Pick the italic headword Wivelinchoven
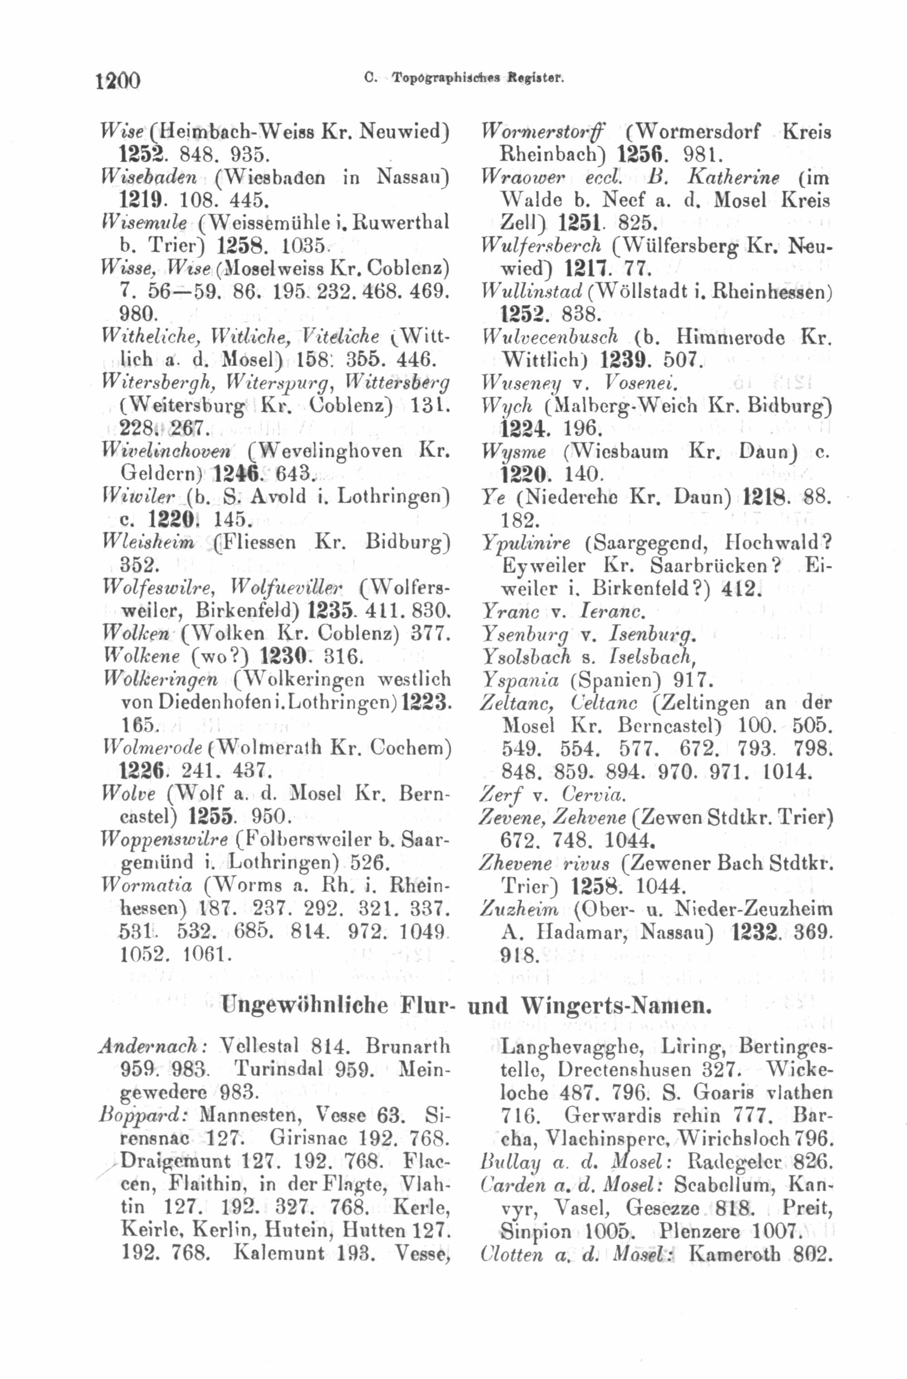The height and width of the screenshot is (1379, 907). click(165, 450)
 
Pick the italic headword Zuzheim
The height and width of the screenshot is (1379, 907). click(519, 908)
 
